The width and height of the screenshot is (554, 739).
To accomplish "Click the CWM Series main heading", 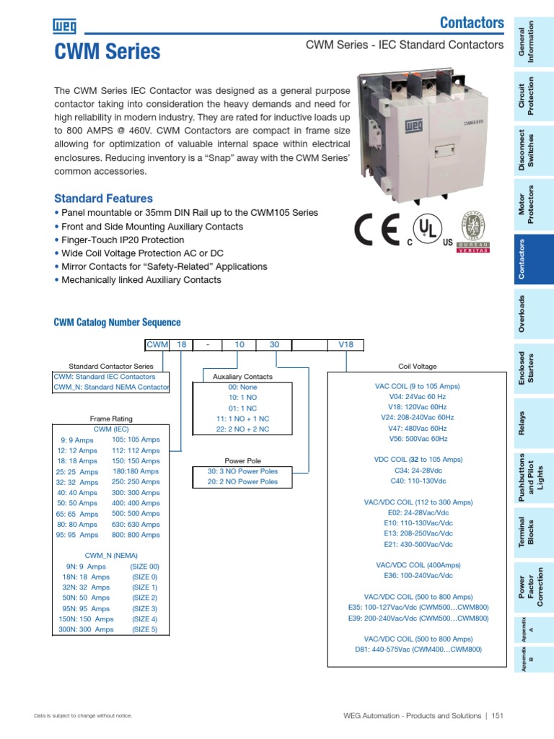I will tap(107, 51).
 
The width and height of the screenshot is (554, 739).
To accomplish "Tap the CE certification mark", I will tap(378, 229).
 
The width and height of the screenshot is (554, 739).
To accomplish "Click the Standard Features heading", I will tap(103, 198).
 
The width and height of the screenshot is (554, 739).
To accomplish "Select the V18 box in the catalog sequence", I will tap(346, 345).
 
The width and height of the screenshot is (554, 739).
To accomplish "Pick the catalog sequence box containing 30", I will tap(274, 345).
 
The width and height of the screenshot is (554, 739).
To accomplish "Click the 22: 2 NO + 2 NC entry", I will tap(242, 429).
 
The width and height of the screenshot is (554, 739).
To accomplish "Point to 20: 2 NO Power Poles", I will tap(242, 481).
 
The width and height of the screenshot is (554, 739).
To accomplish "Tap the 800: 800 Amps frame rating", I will tap(136, 535).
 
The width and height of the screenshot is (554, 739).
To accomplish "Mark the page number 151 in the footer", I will tap(498, 716).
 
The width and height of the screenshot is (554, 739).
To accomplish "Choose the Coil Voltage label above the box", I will tap(417, 367).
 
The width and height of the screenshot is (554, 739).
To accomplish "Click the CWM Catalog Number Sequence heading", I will tap(118, 323).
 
